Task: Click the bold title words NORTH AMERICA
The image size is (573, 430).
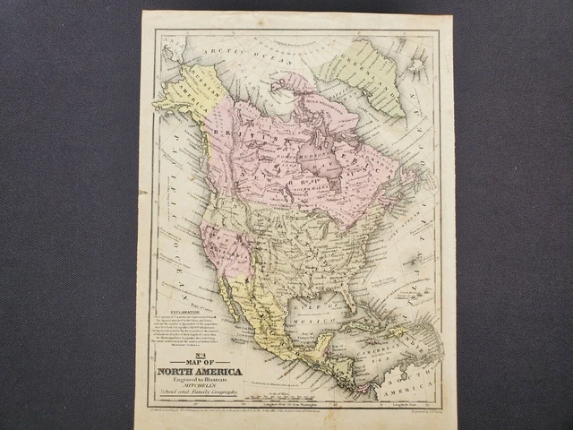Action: point(199,372)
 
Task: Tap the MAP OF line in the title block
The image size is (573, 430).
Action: point(200,362)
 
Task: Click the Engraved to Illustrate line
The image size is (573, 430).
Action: point(199,381)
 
